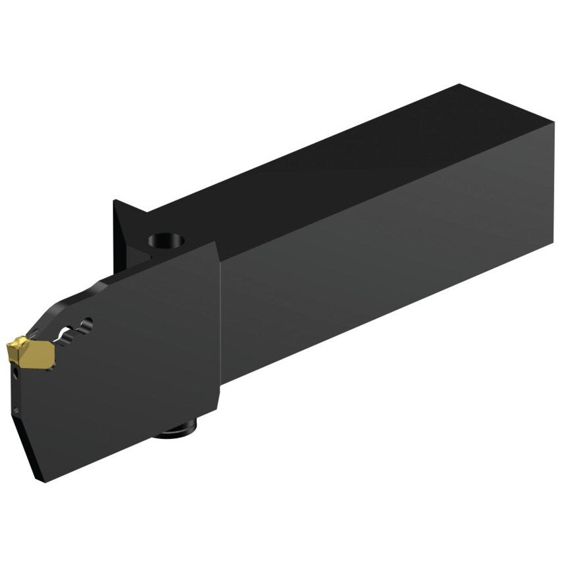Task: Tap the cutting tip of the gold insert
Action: [x=9, y=345]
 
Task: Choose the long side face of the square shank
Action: [x=388, y=263]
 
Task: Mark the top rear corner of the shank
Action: [x=459, y=86]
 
